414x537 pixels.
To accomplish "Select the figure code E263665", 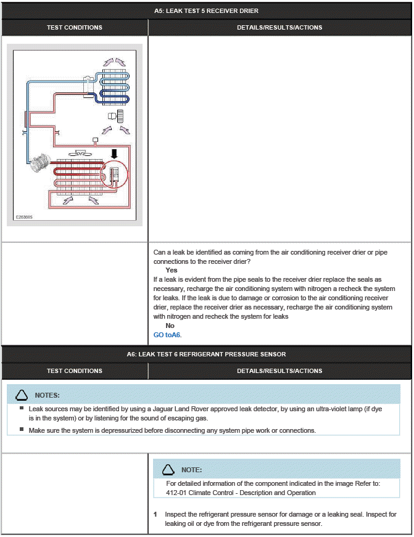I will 25,217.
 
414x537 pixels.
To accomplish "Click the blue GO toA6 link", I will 167,335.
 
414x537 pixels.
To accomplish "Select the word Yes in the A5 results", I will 171,270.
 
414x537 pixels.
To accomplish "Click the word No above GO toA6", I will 170,326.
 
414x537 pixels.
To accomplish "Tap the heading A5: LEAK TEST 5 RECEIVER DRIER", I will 206,10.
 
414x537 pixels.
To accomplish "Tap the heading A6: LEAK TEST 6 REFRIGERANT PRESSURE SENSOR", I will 206,355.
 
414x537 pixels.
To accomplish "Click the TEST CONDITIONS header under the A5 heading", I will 75,27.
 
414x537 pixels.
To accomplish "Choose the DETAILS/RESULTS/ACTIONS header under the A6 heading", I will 279,371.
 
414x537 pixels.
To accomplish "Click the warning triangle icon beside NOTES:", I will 22,395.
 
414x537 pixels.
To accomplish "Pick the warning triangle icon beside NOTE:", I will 168,470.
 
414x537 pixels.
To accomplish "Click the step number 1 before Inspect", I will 156,514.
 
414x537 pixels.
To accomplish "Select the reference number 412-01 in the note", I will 177,493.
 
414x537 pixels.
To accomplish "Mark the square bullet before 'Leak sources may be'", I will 22,408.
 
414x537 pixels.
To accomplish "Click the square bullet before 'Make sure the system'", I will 22,430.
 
